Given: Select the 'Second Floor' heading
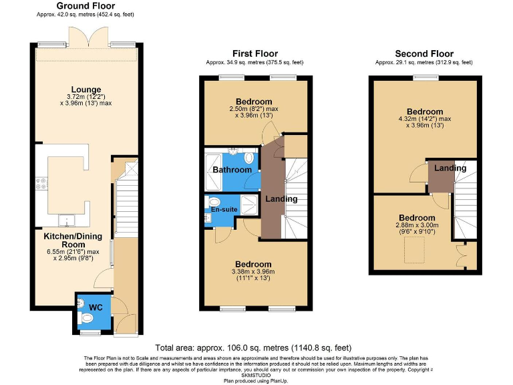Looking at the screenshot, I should (423, 54).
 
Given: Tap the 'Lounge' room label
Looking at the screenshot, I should (87, 90).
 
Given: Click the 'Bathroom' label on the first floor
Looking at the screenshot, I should (232, 170).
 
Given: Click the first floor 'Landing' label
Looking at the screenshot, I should (281, 199).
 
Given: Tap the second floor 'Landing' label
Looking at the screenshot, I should (450, 168).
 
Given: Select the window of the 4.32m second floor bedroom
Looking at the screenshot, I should (423, 78).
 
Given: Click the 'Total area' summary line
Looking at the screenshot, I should (253, 348).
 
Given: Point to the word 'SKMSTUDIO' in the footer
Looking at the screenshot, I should (255, 376).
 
